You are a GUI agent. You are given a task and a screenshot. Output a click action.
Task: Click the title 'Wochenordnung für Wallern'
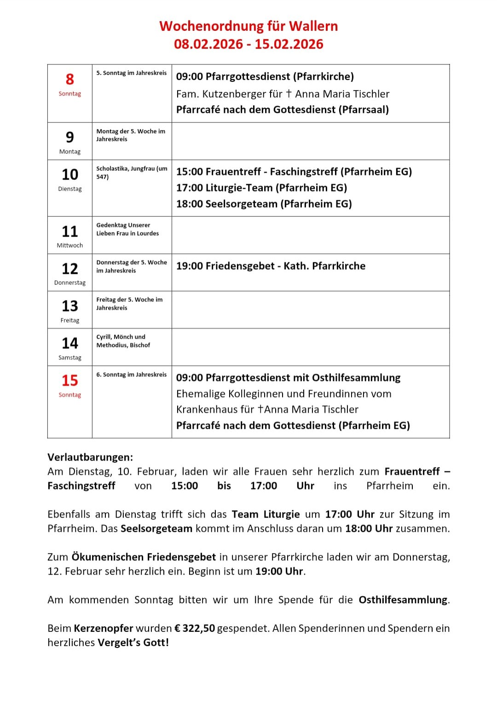pyautogui.click(x=248, y=26)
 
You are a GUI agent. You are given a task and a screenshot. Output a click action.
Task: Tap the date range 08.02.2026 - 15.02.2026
pyautogui.click(x=248, y=44)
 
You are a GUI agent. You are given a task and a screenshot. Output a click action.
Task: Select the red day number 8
pyautogui.click(x=70, y=79)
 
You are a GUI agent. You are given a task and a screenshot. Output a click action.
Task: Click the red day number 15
pyautogui.click(x=70, y=381)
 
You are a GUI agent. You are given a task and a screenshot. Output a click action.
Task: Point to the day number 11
pyautogui.click(x=70, y=231)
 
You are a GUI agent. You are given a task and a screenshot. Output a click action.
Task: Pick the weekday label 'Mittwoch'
pyautogui.click(x=70, y=245)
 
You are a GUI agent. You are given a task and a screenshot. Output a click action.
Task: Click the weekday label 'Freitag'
pyautogui.click(x=70, y=320)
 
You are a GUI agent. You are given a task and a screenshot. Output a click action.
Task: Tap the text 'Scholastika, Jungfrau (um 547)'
pyautogui.click(x=131, y=173)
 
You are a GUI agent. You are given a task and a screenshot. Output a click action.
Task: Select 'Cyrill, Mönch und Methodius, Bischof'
pyautogui.click(x=123, y=341)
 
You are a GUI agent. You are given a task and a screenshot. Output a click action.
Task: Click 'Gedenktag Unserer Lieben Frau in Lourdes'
pyautogui.click(x=127, y=229)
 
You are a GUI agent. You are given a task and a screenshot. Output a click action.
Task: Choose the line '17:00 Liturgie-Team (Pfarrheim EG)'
pyautogui.click(x=261, y=188)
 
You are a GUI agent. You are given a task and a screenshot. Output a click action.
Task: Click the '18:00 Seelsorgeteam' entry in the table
pyautogui.click(x=264, y=204)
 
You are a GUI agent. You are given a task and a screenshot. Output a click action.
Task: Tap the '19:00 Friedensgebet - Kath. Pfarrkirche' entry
pyautogui.click(x=271, y=266)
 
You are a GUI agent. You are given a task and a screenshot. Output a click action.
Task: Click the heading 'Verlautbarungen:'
pyautogui.click(x=90, y=457)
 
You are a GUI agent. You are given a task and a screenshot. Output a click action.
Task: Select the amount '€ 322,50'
pyautogui.click(x=194, y=628)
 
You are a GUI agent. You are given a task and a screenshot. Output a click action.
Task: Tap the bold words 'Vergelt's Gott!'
pyautogui.click(x=133, y=642)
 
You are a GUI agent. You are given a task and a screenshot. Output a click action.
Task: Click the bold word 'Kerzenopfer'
pyautogui.click(x=104, y=628)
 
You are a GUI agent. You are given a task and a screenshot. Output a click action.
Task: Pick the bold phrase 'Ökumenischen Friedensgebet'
pyautogui.click(x=144, y=557)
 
